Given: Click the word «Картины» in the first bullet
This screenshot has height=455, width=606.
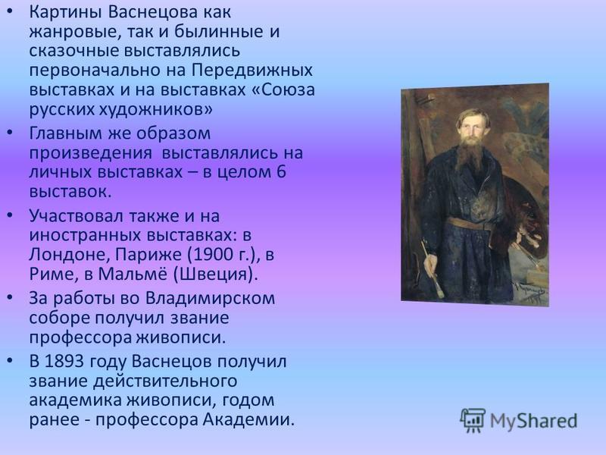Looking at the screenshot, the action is click(65, 12).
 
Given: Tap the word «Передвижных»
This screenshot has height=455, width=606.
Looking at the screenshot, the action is click(252, 71).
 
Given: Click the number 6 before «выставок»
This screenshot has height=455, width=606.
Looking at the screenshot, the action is click(281, 172).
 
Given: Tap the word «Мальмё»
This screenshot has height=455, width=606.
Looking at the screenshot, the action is click(133, 275).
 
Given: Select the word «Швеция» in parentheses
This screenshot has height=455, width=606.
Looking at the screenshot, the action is click(214, 275).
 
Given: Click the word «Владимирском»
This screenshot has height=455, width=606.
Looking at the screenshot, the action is click(211, 298).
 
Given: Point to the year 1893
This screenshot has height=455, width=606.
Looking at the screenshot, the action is click(64, 362).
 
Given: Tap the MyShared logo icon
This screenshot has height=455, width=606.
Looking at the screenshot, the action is click(473, 421).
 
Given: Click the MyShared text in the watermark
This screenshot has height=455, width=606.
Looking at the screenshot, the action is click(534, 421).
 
